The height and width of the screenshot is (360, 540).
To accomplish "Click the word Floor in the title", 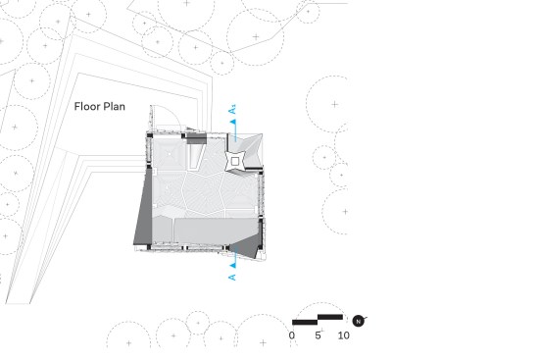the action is tap(87, 106).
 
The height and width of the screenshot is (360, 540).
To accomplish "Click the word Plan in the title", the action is tap(114, 106).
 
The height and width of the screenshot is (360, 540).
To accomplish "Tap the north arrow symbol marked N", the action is tap(358, 321).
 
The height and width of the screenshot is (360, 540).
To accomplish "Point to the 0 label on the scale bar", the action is tap(292, 335).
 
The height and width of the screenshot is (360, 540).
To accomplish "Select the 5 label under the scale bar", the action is tap(318, 335).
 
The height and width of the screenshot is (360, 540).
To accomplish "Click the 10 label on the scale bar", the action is tap(343, 335).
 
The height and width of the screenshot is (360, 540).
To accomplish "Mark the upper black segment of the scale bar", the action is tap(330, 317).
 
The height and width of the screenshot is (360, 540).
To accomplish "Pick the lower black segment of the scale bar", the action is tap(305, 323).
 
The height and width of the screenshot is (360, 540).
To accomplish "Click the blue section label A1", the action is tap(232, 109).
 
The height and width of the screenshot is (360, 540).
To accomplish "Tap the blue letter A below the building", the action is tap(232, 278).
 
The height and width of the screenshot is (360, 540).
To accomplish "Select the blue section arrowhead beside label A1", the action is tap(233, 122).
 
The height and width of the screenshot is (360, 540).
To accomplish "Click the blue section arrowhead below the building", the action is tap(233, 265).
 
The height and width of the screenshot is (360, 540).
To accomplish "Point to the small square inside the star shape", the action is tap(235, 161).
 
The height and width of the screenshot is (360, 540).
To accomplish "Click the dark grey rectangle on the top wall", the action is tap(197, 138).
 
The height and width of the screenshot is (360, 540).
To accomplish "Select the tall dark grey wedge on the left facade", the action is tap(144, 208).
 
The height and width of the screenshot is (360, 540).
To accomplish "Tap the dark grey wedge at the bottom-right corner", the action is tap(246, 246).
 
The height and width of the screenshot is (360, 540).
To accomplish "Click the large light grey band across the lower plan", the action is tap(206, 230).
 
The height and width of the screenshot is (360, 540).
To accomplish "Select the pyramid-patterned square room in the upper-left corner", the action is tap(170, 152).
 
